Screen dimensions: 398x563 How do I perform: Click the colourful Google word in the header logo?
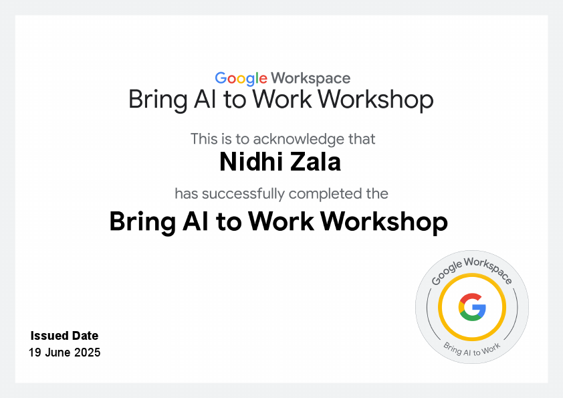241,79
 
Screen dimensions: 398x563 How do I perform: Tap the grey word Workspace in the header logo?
311,79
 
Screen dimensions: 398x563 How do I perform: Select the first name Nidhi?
246,161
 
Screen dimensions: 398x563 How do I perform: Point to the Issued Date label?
64,336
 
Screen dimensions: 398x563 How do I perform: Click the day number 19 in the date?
35,353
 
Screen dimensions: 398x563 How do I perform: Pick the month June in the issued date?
58,353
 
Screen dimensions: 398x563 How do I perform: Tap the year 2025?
87,353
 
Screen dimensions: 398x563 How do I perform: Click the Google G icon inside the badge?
472,308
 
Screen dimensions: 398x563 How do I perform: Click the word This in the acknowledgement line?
204,139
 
